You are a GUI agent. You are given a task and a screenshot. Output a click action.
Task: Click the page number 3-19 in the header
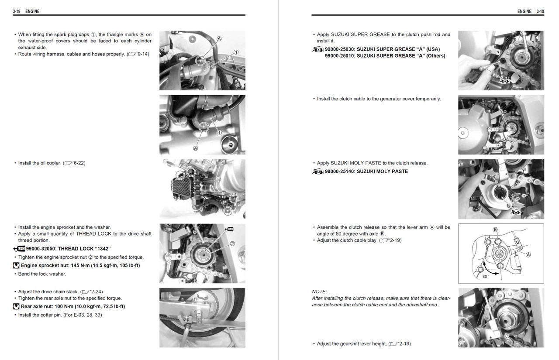point(540,11)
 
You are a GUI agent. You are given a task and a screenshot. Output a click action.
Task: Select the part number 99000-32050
point(41,249)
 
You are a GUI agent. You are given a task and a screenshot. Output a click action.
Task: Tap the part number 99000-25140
point(340,171)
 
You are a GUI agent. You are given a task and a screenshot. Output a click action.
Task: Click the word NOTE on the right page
point(319,291)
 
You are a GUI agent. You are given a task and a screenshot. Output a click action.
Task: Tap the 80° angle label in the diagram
point(485,277)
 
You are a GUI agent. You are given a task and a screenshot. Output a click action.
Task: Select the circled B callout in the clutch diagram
point(495,230)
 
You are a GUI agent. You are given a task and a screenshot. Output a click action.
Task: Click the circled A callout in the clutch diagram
point(528,255)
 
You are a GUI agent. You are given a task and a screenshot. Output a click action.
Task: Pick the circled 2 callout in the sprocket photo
point(233,243)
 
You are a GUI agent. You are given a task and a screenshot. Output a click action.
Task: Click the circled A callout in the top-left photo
point(219,38)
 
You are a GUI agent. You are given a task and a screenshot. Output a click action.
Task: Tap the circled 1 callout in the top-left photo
point(236,52)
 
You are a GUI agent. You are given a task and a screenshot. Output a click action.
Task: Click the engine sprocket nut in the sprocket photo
point(204,255)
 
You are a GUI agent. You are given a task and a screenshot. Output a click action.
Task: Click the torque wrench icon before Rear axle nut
point(16,307)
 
